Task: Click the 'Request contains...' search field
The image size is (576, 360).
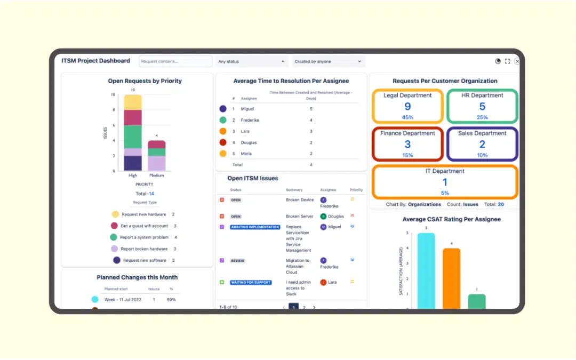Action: [x=175, y=61]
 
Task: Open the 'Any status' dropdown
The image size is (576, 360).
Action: [x=252, y=61]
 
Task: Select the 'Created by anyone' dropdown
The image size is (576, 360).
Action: [x=327, y=61]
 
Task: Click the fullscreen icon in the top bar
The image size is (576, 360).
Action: [x=507, y=61]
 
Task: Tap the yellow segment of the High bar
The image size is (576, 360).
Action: [x=133, y=102]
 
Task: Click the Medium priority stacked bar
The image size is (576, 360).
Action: [x=156, y=156]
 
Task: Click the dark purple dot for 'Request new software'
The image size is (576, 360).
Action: [x=116, y=260]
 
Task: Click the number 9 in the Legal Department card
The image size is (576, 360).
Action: [x=407, y=107]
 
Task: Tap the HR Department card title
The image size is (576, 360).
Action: [x=482, y=95]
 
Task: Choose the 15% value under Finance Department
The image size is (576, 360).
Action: [x=407, y=155]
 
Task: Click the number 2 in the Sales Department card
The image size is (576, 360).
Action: [x=482, y=145]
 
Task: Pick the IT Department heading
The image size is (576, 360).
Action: [x=445, y=171]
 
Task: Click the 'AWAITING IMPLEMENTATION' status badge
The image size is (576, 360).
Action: [x=255, y=227]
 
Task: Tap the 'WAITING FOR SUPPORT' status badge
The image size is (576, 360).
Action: [x=251, y=283]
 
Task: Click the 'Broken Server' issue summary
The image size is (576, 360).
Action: [x=300, y=217]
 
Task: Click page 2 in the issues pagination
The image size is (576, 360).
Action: [x=304, y=308]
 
